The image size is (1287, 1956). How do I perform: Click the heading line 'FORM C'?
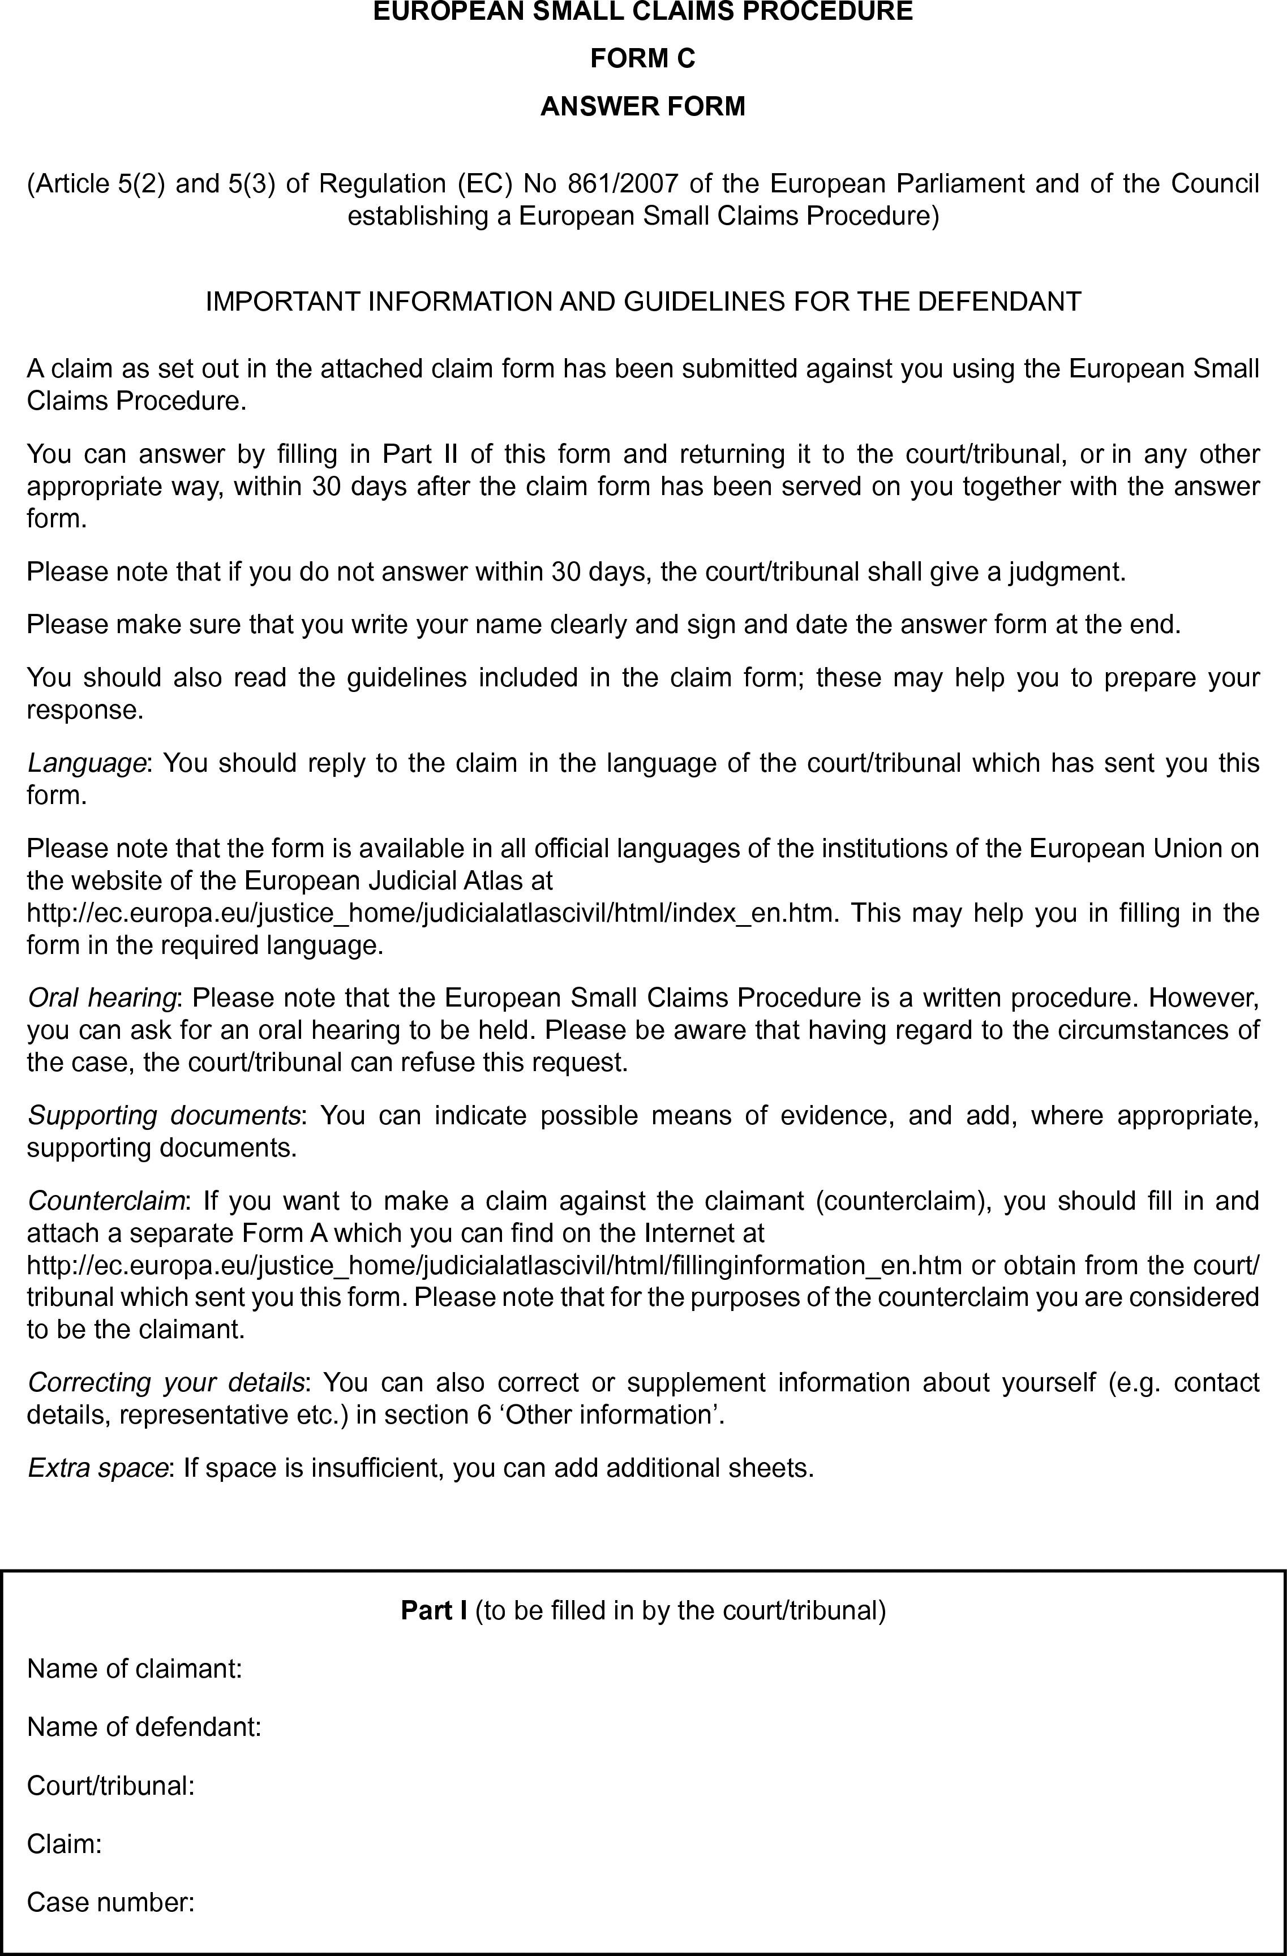pos(643,58)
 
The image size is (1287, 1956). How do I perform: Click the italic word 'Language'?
pos(86,763)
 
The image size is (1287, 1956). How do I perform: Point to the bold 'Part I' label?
pos(433,1610)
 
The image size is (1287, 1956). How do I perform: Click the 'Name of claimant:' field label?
pos(135,1669)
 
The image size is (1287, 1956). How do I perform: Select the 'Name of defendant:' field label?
pos(144,1727)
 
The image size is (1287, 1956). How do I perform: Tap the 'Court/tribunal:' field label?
pos(111,1786)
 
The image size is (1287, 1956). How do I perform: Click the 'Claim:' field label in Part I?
pos(64,1844)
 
